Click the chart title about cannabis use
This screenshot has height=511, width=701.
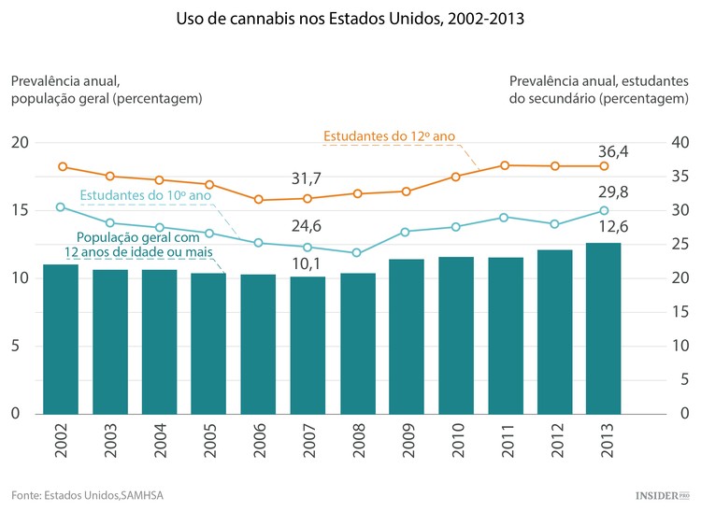tap(350, 18)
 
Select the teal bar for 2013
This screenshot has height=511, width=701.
tap(604, 328)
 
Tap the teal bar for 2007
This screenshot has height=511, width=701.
tap(307, 345)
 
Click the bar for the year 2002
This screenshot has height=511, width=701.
tap(62, 339)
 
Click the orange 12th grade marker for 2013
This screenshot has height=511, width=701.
tap(604, 166)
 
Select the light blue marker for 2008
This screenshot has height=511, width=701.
tap(356, 253)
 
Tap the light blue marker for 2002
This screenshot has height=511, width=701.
tap(62, 206)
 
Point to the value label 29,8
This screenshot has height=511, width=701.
tap(613, 192)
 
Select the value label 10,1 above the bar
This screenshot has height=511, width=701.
tap(307, 263)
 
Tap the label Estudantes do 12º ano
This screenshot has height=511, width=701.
tap(389, 136)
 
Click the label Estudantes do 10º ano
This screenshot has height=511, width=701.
tap(145, 195)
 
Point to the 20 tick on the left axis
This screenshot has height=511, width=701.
tap(20, 143)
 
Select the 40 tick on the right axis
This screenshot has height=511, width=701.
tap(679, 143)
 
